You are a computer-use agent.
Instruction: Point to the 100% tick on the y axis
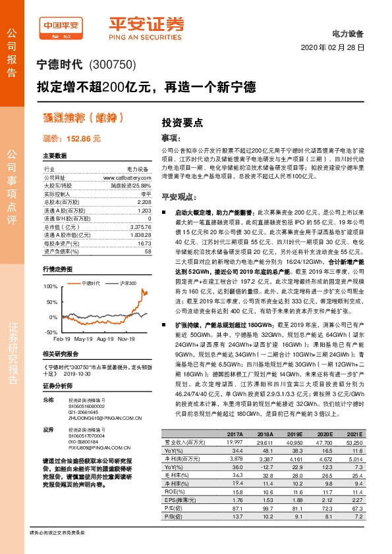pyautogui.click(x=50, y=288)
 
